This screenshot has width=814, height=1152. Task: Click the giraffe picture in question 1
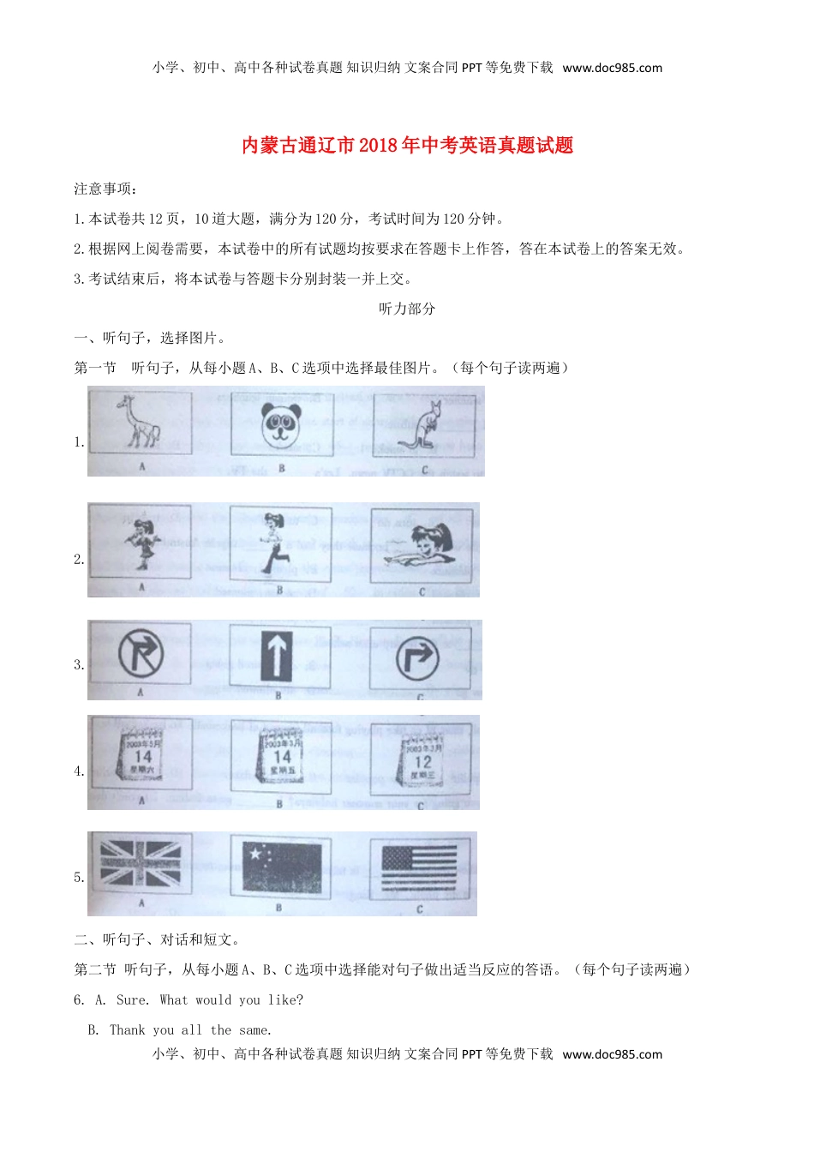tap(141, 423)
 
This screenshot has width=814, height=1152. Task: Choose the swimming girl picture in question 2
tap(421, 546)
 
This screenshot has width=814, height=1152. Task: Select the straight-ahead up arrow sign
tap(278, 657)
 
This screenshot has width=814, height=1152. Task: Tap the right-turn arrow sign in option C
tap(418, 658)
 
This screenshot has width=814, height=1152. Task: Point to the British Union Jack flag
tap(141, 863)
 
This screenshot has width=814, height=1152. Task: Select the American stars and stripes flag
tap(419, 870)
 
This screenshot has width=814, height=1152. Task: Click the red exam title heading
tap(407, 146)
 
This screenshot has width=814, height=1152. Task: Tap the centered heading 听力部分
tap(407, 309)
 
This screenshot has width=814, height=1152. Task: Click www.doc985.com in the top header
tap(612, 68)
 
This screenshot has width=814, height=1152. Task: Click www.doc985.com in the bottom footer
tap(612, 1054)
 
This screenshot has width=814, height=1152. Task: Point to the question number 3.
tap(79, 664)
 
